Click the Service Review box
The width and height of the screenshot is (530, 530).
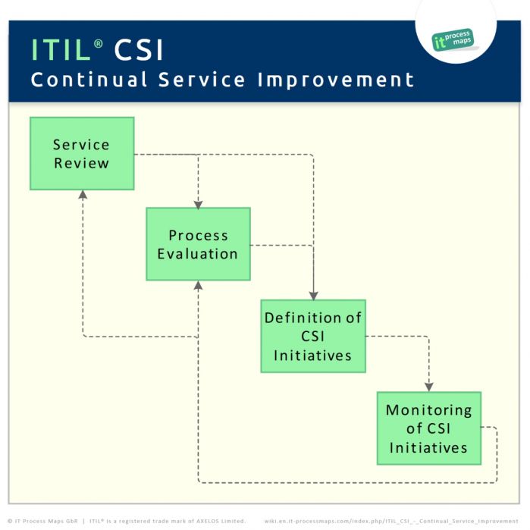pyautogui.click(x=82, y=153)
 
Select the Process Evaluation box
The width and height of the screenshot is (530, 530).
pyautogui.click(x=198, y=244)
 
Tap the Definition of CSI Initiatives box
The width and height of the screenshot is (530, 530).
pyautogui.click(x=313, y=336)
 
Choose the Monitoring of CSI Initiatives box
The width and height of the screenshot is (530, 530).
pyautogui.click(x=429, y=428)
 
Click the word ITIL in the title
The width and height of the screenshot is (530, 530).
pyautogui.click(x=60, y=50)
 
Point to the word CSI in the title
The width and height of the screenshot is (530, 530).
pyautogui.click(x=139, y=50)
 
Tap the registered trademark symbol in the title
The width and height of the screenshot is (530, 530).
pyautogui.click(x=99, y=44)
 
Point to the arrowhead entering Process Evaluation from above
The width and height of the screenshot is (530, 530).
pyautogui.click(x=198, y=203)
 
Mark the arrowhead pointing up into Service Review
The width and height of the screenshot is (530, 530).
pyautogui.click(x=82, y=195)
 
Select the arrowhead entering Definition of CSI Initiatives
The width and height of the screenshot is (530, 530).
pyautogui.click(x=313, y=295)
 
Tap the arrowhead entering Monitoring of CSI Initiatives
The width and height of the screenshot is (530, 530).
pyautogui.click(x=429, y=387)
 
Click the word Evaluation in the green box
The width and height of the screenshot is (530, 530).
pyautogui.click(x=198, y=254)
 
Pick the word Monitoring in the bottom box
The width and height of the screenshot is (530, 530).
pyautogui.click(x=429, y=410)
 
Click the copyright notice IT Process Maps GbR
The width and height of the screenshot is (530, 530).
pyautogui.click(x=43, y=521)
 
